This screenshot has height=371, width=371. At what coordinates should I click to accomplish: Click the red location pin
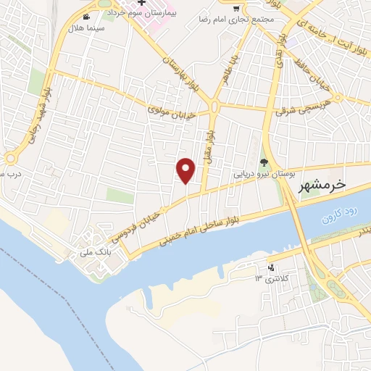(x=187, y=170)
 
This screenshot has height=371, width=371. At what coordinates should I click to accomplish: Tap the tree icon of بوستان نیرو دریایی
(x=264, y=162)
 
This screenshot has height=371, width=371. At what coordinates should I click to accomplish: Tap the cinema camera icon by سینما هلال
(x=88, y=17)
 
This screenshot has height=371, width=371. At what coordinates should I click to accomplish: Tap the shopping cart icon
(x=238, y=9)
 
